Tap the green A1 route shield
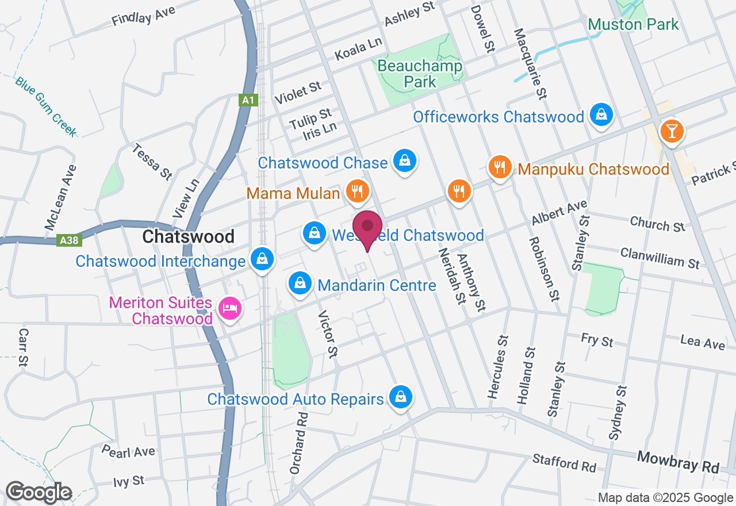point(248,101)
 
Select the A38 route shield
point(70,240)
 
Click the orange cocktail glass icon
point(672,131)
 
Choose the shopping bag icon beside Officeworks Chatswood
point(601,115)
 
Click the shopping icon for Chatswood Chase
point(405,161)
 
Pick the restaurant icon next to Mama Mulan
point(357,190)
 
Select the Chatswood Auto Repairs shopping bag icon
point(400,397)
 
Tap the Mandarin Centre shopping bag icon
point(300,282)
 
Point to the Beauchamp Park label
point(420,74)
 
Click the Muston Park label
point(634,24)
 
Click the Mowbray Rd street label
point(678,463)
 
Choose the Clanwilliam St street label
point(660,257)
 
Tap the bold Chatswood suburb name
point(188,236)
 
